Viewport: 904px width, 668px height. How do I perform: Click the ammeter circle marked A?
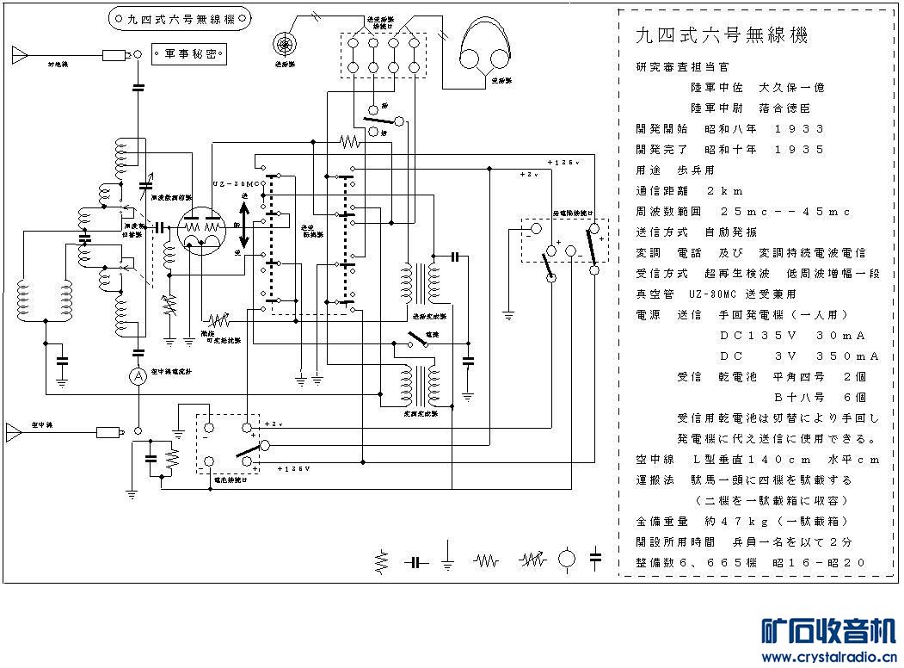(x=138, y=375)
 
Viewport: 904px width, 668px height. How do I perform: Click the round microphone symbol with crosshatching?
(x=283, y=40)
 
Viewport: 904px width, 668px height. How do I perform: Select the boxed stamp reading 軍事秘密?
(x=190, y=53)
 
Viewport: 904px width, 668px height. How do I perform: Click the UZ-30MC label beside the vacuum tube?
(x=235, y=185)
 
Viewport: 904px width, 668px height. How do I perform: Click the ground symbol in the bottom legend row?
(x=447, y=559)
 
